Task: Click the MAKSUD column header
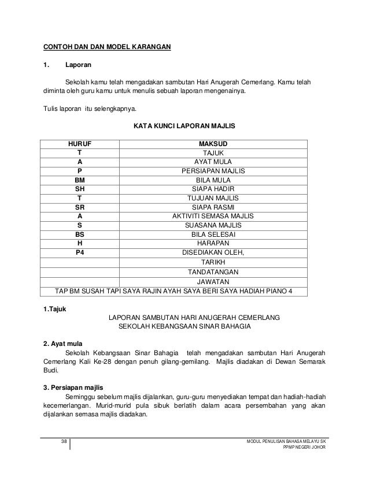[x=213, y=143]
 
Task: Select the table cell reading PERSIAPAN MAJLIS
[x=213, y=171]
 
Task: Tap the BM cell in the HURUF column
[x=80, y=180]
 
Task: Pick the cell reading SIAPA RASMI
[x=213, y=207]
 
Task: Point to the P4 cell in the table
[x=80, y=252]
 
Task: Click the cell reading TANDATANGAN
[x=213, y=271]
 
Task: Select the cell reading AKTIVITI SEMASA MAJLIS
[x=213, y=216]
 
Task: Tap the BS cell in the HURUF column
[x=80, y=234]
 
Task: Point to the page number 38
[x=64, y=442]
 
